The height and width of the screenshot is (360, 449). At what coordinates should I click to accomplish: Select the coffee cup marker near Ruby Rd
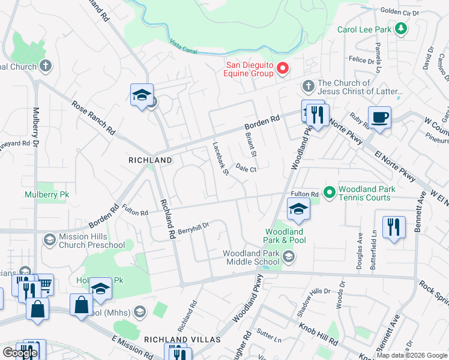click(379, 118)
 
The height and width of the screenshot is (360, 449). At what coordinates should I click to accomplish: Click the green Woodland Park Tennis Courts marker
click(330, 193)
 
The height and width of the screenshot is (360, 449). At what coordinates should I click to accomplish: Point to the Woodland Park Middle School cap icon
click(289, 257)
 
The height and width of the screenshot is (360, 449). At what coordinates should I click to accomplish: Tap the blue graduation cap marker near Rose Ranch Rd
click(142, 95)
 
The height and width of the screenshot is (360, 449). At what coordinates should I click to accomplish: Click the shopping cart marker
click(43, 285)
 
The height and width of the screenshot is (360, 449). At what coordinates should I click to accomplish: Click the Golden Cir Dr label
click(399, 11)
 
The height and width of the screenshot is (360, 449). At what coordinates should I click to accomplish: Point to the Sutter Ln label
click(270, 337)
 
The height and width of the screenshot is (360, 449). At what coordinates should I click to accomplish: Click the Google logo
click(20, 353)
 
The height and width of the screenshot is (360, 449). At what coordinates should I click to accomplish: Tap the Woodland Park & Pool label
click(286, 236)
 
